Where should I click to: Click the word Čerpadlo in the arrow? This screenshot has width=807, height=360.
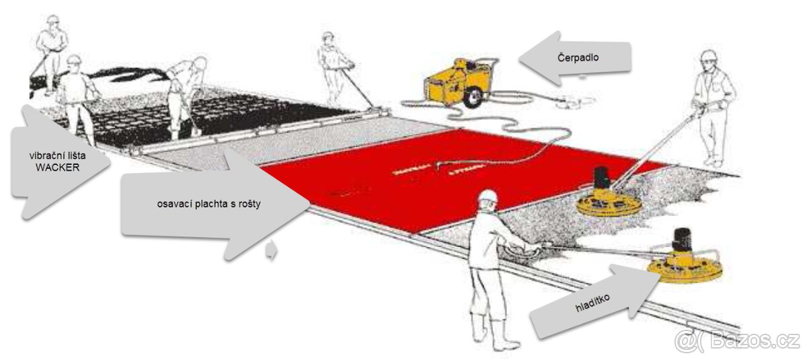point(578,59)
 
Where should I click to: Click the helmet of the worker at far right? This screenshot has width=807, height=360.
point(708,56)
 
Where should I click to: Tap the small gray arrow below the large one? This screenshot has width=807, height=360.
point(272,251)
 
